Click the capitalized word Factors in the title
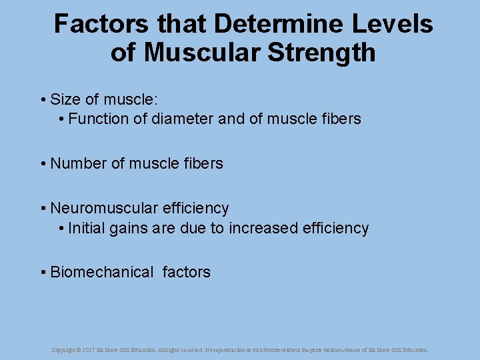[101, 25]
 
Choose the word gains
[129, 229]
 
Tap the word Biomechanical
[102, 272]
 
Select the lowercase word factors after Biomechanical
[186, 272]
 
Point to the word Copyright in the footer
[63, 350]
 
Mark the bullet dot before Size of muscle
[43, 101]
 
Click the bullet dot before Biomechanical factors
[43, 273]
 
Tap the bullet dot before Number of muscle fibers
[43, 164]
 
